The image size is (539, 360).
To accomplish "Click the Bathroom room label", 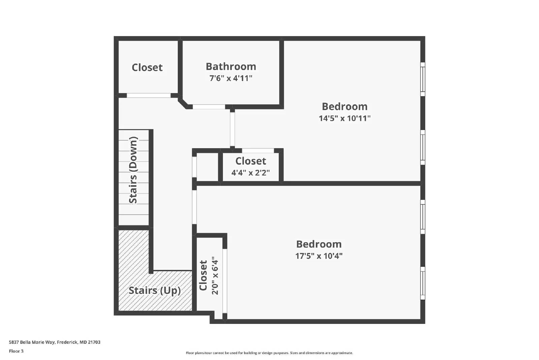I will [x=231, y=66].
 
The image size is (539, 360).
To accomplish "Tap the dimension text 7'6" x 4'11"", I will [x=231, y=78].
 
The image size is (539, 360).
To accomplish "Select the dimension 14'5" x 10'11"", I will [x=345, y=118].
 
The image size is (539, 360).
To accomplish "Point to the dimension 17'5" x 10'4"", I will [x=319, y=256].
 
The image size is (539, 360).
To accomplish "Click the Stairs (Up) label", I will [x=155, y=290].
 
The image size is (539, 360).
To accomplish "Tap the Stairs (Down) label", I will [x=133, y=170].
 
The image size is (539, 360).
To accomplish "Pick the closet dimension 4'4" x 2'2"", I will [x=250, y=173].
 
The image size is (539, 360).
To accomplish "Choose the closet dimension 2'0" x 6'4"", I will [x=215, y=276].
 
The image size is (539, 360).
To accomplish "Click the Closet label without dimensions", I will [x=147, y=67].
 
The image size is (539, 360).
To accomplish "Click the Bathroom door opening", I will [x=209, y=107].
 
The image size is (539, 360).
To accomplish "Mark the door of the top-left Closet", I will [x=149, y=95].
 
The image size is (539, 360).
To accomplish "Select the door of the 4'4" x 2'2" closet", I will [x=258, y=150].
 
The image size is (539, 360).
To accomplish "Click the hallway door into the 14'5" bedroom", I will [x=232, y=129].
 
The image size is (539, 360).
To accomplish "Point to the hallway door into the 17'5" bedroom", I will [x=194, y=207].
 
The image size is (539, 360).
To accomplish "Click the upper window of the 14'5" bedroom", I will [x=423, y=79].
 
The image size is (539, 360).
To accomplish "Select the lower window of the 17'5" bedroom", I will [x=423, y=283].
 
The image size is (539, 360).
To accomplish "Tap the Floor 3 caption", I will [x=16, y=351].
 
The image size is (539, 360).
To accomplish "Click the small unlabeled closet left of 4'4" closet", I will [x=208, y=167].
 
